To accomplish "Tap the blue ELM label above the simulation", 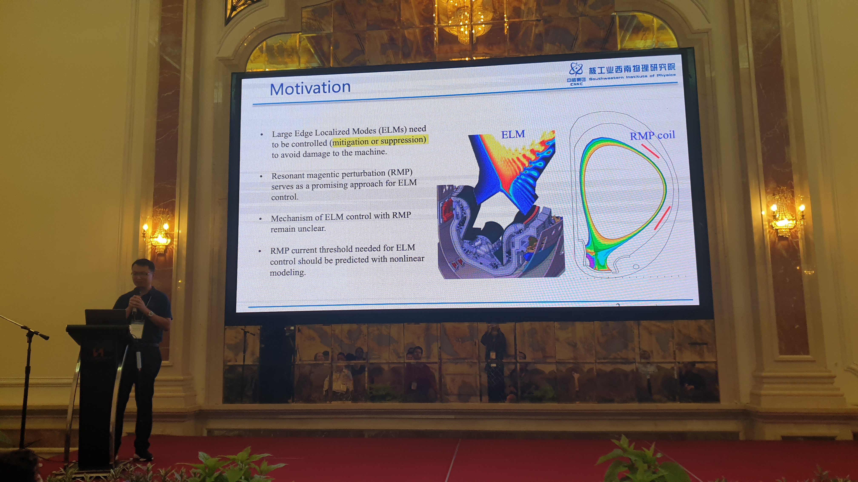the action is pos(513,134).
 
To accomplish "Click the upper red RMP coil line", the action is pos(650,151).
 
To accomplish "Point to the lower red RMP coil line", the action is pos(662,218).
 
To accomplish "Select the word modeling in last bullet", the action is pos(287,273).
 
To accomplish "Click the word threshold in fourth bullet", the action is pos(336,249).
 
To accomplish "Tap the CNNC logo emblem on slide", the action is pos(576,69).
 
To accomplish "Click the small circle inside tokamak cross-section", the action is pos(635,267).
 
